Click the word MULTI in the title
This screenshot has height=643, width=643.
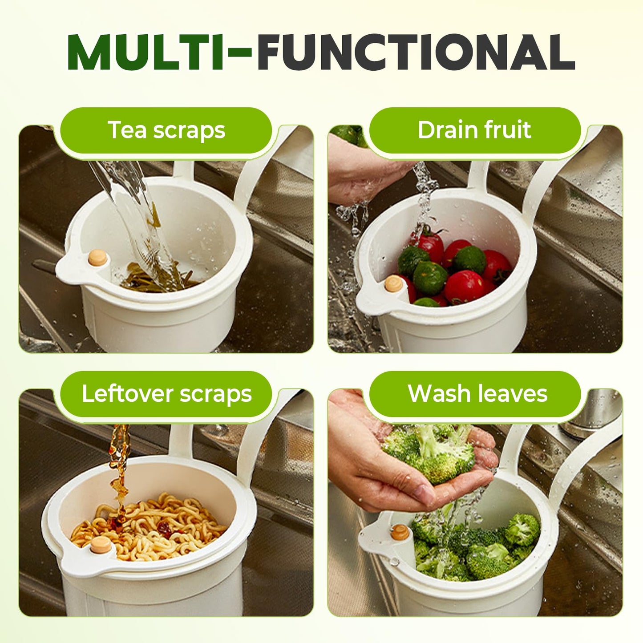(145, 52)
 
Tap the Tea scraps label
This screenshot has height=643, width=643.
(166, 130)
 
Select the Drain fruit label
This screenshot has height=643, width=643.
(474, 130)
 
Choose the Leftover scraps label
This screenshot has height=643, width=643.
(166, 394)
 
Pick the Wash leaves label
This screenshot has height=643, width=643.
(477, 394)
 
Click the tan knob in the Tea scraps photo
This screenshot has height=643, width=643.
(98, 258)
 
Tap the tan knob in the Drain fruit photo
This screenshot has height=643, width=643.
(394, 283)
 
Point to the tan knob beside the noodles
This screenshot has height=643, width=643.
(101, 545)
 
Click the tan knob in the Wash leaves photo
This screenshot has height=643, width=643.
(400, 532)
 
